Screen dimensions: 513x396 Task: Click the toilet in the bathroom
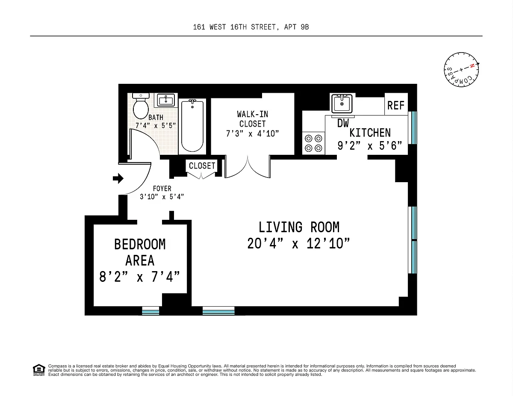(x=141, y=106)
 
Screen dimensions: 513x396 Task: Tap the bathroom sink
(x=166, y=100)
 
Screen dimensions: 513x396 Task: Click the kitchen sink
(x=342, y=103)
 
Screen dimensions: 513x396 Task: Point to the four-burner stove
(x=313, y=143)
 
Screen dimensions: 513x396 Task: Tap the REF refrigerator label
(x=396, y=105)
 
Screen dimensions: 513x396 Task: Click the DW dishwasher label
(x=343, y=123)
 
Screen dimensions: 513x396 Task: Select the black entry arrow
(x=118, y=178)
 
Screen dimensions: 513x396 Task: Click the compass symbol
(x=461, y=70)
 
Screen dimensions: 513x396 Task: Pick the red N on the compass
(x=472, y=66)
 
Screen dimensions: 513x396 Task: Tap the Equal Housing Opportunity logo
(x=39, y=370)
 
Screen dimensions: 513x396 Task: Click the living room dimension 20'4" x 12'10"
(x=298, y=243)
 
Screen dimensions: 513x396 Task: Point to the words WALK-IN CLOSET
(x=252, y=119)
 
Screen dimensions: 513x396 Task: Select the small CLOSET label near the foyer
(x=202, y=166)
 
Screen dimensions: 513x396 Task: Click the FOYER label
(x=162, y=189)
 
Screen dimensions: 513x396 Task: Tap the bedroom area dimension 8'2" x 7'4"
(x=139, y=277)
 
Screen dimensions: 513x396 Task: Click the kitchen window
(x=414, y=128)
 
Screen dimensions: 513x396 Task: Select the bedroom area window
(x=150, y=311)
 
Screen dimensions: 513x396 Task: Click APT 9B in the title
(x=296, y=27)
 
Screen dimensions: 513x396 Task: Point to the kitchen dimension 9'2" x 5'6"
(x=370, y=146)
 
